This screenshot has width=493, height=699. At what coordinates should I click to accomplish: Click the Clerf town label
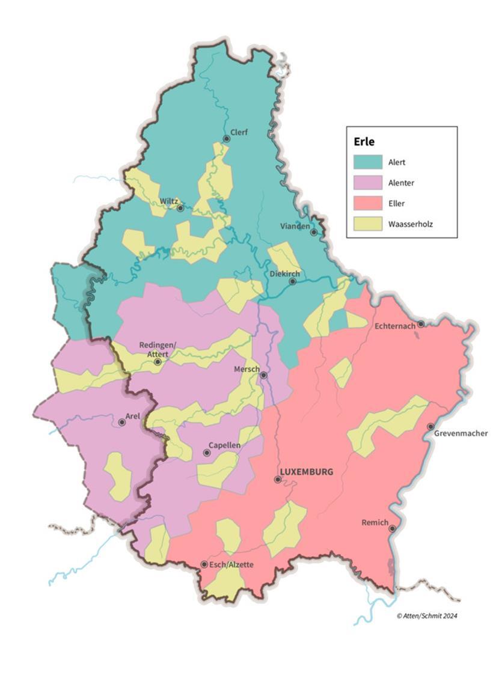coord(239,132)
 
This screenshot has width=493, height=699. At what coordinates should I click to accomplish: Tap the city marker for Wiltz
coord(180,208)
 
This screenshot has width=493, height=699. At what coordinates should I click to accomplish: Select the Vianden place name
coord(295,226)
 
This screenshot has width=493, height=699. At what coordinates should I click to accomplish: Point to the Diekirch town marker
coord(293,281)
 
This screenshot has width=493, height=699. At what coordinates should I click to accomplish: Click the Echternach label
coord(394,326)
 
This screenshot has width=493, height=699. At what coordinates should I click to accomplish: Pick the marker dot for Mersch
coord(263,375)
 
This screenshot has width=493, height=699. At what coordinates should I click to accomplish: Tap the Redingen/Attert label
coord(158,349)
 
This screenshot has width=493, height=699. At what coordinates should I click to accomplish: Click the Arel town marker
coord(122,423)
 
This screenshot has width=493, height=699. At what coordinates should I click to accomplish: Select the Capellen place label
coord(224,445)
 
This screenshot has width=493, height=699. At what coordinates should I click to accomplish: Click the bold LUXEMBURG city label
coord(306,472)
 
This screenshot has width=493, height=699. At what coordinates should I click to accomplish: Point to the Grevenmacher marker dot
coord(430,427)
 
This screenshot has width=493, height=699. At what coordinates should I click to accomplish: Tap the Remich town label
coord(375,522)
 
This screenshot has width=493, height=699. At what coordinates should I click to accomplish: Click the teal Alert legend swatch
coord(367,162)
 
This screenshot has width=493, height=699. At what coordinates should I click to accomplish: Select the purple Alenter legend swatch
coord(367,182)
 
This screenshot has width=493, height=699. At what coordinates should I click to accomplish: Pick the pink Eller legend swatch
coord(367,203)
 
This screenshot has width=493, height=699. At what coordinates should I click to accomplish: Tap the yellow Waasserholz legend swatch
coord(367,224)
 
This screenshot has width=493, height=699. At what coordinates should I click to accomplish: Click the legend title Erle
coord(364,141)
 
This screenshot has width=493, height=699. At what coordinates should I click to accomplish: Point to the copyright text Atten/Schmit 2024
coord(427,615)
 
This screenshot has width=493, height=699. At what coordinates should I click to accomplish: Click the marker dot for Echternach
coord(421,324)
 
